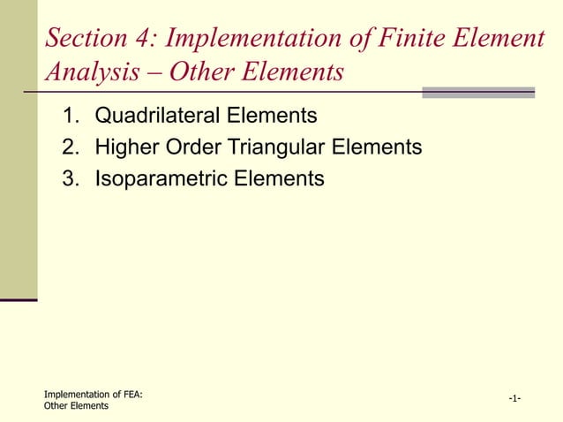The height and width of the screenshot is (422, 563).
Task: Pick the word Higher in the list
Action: (x=127, y=147)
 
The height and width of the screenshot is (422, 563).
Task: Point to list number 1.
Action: (x=69, y=115)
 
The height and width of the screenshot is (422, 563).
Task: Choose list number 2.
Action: (x=69, y=147)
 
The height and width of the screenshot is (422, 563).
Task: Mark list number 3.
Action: (x=69, y=178)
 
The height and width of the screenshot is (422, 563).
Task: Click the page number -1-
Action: (x=514, y=400)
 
